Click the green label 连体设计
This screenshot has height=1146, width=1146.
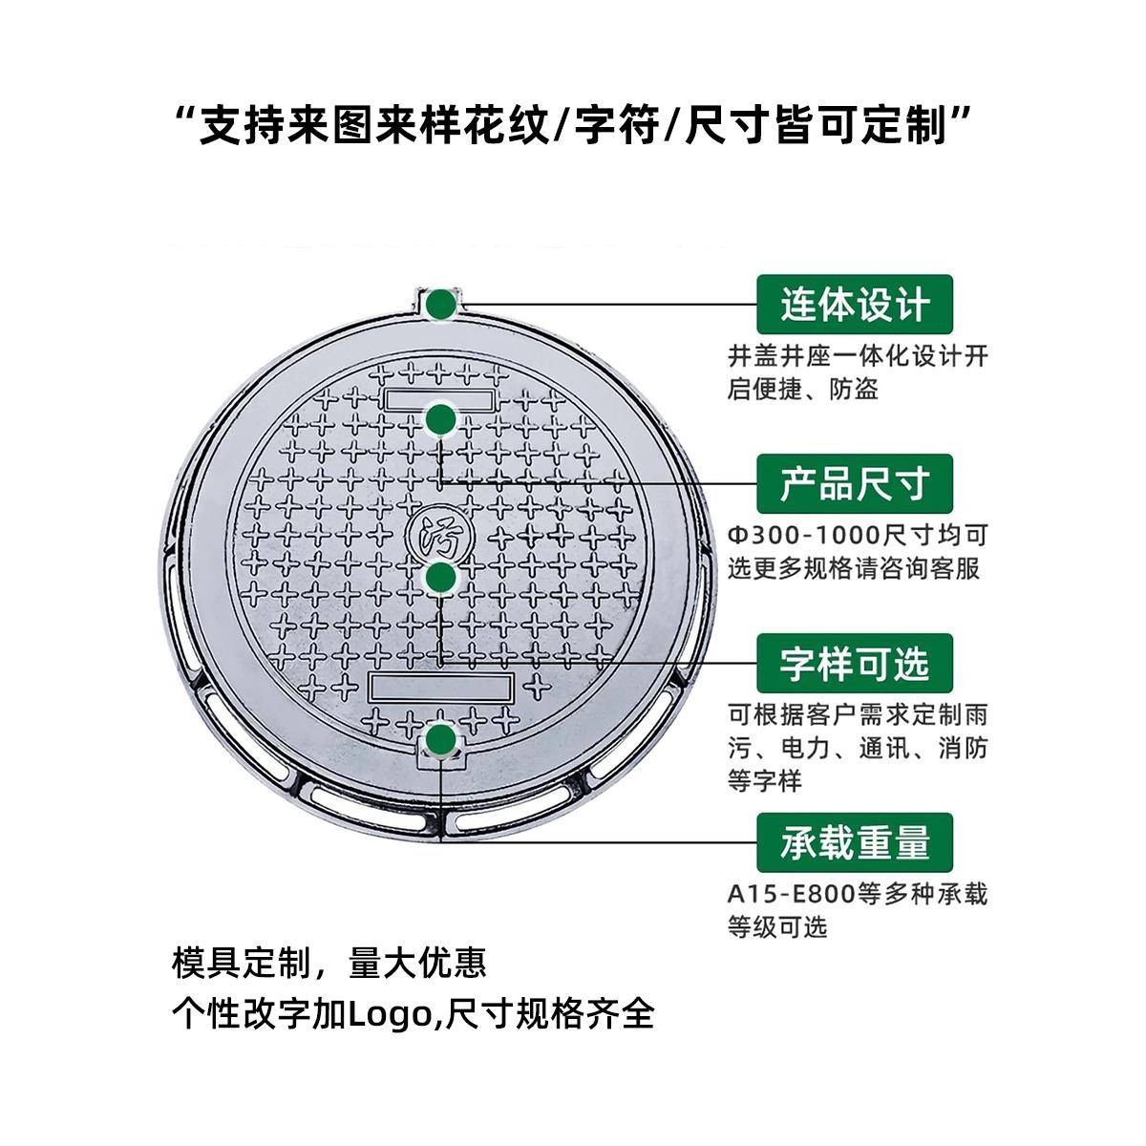point(855,305)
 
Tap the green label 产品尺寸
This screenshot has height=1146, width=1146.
point(855,484)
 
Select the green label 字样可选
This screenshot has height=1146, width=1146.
point(855,663)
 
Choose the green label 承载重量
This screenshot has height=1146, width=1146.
point(855,842)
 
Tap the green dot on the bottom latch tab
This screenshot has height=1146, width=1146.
point(440,740)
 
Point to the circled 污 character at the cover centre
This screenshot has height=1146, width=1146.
point(437,534)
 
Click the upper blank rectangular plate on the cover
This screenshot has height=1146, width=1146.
point(438,398)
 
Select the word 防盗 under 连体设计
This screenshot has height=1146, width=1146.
point(855,390)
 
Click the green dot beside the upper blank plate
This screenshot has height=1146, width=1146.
point(440,418)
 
